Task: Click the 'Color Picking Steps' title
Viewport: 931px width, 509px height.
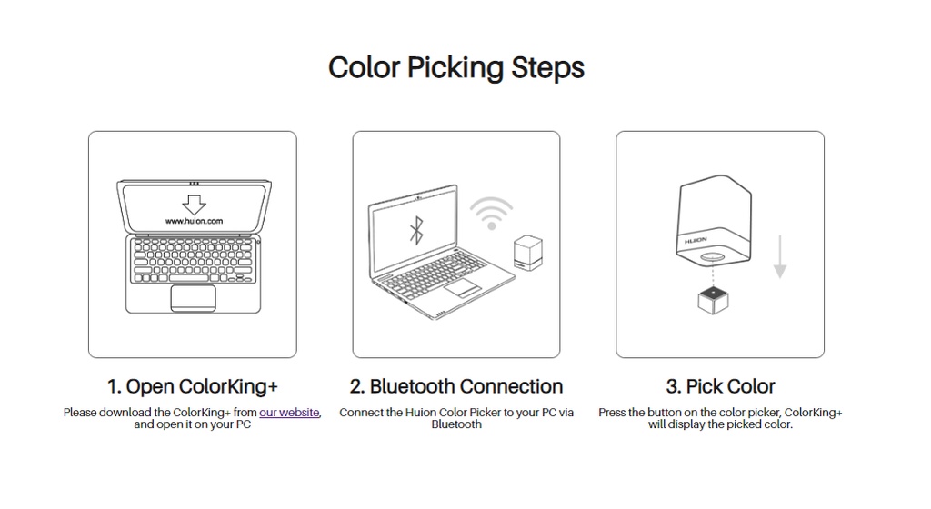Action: point(455,68)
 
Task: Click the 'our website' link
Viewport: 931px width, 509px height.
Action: point(289,413)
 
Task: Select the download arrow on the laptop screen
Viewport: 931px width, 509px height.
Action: point(193,202)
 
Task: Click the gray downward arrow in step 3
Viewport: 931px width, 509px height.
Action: point(779,258)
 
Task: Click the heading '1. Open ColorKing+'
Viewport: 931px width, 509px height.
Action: point(192,386)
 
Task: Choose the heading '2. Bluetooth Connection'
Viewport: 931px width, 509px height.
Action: point(455,386)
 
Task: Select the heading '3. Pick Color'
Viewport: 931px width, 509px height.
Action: point(720,386)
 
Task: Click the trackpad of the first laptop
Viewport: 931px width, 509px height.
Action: point(193,296)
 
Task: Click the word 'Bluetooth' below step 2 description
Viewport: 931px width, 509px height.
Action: point(456,424)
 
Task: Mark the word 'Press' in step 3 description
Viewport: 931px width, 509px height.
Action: point(612,413)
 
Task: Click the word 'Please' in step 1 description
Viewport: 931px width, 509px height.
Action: point(79,413)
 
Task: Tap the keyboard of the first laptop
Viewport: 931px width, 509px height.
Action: point(193,261)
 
